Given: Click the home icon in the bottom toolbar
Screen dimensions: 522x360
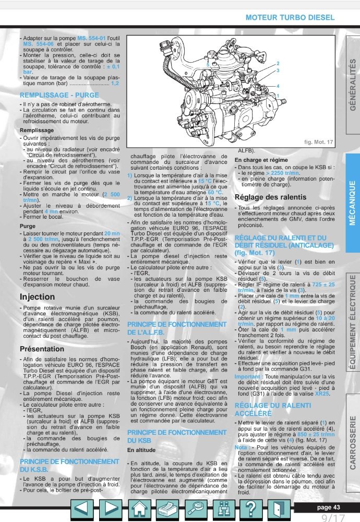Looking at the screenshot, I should pyautogui.click(x=139, y=508).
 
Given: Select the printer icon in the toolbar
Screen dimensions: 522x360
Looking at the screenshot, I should pyautogui.click(x=167, y=508).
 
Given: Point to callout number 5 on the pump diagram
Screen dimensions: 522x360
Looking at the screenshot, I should pyautogui.click(x=207, y=64).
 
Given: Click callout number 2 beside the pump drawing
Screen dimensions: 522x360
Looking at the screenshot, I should pyautogui.click(x=278, y=63).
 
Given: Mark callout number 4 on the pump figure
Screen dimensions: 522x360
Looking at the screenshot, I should pyautogui.click(x=278, y=85).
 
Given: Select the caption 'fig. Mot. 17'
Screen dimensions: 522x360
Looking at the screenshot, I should pyautogui.click(x=318, y=142).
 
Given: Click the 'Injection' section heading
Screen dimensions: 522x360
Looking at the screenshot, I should pyautogui.click(x=37, y=296).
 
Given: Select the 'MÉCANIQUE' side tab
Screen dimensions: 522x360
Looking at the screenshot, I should pyautogui.click(x=352, y=203).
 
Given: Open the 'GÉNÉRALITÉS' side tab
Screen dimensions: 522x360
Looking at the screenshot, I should pyautogui.click(x=352, y=87).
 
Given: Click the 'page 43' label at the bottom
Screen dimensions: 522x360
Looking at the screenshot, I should pyautogui.click(x=329, y=507).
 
